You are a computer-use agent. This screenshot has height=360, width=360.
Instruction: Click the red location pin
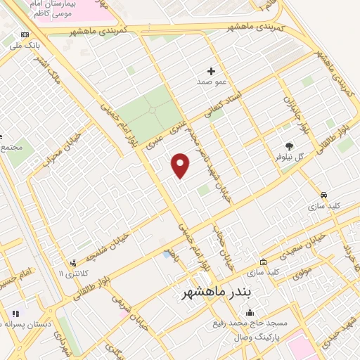coord(181,166)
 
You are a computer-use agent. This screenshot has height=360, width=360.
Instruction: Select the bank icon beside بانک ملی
coord(26,34)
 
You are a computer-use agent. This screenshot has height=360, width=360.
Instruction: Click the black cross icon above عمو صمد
coord(211,71)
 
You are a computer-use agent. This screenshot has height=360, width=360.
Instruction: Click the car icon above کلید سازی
coord(324,195)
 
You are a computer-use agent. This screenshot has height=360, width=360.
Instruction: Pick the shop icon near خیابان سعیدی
coord(264,262)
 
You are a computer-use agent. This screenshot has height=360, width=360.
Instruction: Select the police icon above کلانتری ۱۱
coord(72,262)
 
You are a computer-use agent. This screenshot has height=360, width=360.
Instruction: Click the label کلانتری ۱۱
coord(70,273)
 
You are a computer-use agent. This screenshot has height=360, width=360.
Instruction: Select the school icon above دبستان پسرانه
coord(15,314)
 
